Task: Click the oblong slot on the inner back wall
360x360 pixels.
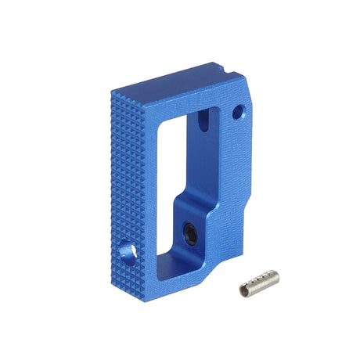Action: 203,121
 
